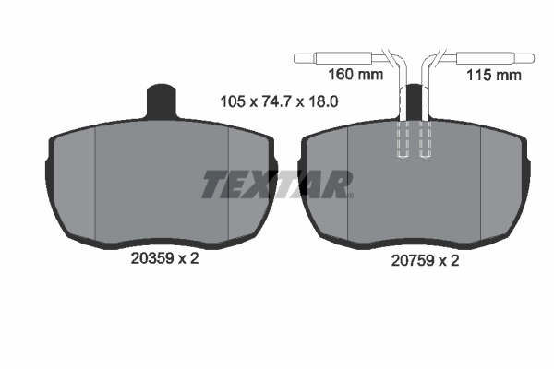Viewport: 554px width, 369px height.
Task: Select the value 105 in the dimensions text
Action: point(232,102)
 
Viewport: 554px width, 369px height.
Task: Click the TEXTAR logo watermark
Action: point(277,184)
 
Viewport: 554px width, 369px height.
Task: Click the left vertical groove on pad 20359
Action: point(97,184)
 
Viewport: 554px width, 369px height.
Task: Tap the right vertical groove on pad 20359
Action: point(228,184)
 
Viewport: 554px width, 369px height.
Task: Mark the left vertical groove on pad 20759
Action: point(348,184)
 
